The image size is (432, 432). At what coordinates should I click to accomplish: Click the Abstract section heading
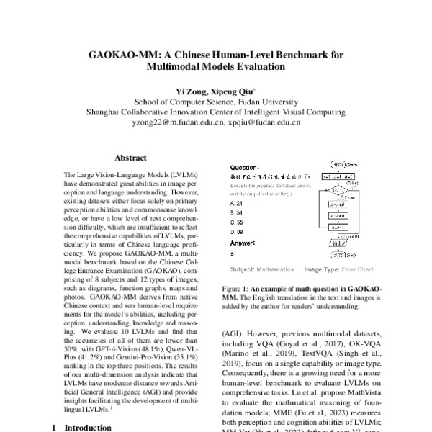(130, 156)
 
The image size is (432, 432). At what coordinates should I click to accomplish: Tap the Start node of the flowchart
(338, 164)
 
